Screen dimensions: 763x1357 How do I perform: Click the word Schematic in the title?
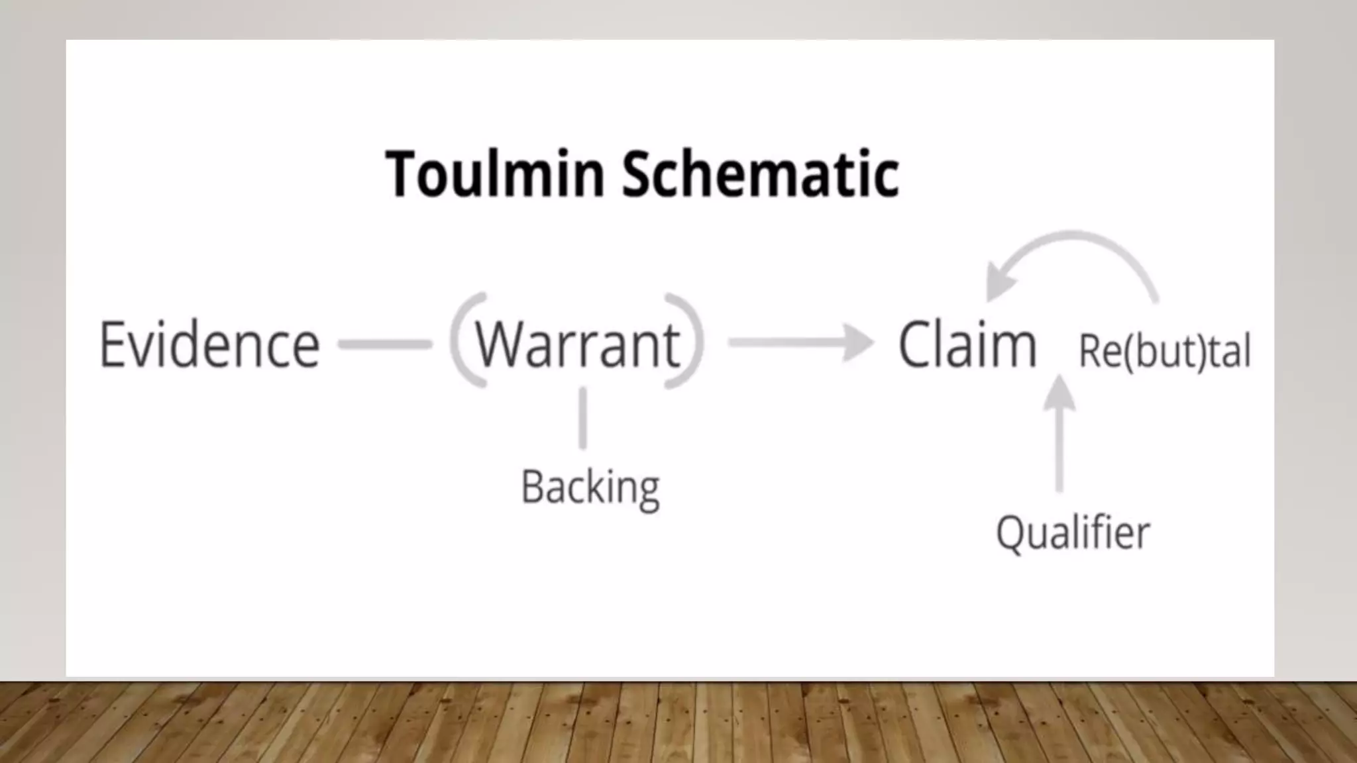tap(760, 174)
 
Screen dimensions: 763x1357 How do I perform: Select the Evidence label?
tap(209, 344)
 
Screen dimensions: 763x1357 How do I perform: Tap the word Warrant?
tap(577, 344)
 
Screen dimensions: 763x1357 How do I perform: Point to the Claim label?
tap(967, 344)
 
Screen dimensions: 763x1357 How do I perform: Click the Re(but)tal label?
tap(1164, 351)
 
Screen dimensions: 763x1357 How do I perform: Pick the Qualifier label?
tap(1073, 533)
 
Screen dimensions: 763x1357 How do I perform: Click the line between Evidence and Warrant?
tap(385, 344)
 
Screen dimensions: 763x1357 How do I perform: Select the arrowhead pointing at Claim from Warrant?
tap(859, 342)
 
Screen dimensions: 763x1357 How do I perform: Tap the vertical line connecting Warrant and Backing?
tap(582, 419)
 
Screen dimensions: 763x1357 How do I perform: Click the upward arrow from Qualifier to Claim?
tap(1059, 437)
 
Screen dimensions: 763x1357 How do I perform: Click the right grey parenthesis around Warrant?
tap(691, 339)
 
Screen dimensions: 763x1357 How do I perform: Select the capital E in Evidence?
tap(113, 344)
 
